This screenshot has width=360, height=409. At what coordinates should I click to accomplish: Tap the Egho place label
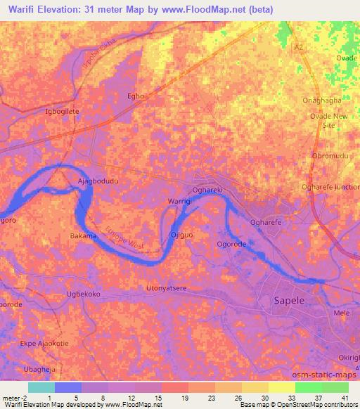pyautogui.click(x=135, y=96)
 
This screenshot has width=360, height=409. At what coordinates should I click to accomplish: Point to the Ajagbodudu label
pyautogui.click(x=97, y=181)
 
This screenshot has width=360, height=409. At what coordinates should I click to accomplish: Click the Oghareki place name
pyautogui.click(x=208, y=190)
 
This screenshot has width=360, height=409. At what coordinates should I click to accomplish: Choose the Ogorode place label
pyautogui.click(x=231, y=245)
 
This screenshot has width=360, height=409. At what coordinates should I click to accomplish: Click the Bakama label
pyautogui.click(x=83, y=236)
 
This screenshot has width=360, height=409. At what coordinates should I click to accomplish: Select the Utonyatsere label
pyautogui.click(x=166, y=288)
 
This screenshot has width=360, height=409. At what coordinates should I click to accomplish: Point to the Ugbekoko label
pyautogui.click(x=84, y=294)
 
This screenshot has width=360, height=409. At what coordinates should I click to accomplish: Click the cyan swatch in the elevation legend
pyautogui.click(x=41, y=387)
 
